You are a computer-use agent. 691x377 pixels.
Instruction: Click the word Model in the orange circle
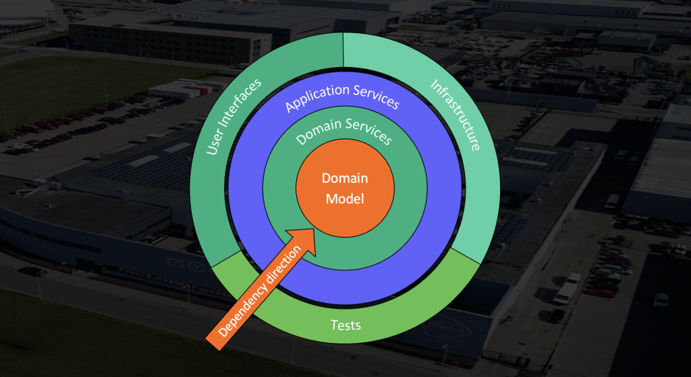(x=345, y=199)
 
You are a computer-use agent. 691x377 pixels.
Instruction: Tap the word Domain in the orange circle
(x=345, y=179)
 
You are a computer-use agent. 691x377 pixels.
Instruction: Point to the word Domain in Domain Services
(x=320, y=132)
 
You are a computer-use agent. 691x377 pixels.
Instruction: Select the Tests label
(x=345, y=325)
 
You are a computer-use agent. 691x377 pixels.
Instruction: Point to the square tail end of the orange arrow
(x=215, y=341)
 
